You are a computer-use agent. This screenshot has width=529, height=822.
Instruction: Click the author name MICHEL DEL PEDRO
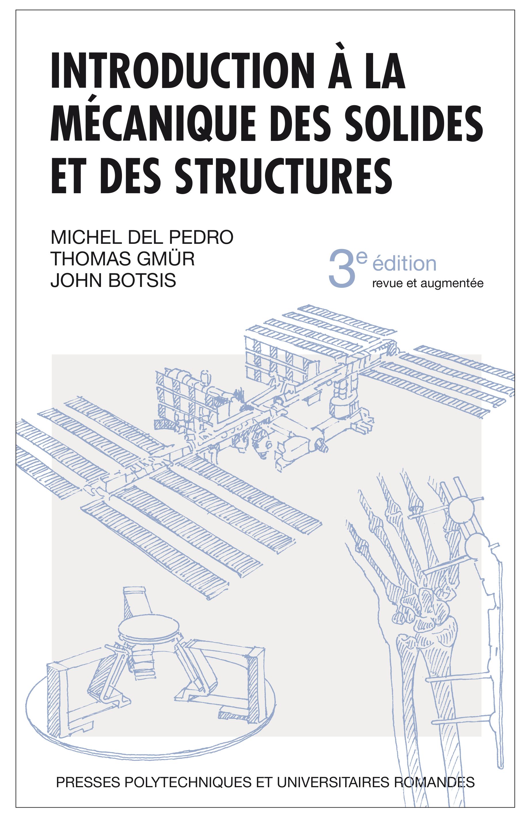tap(142, 237)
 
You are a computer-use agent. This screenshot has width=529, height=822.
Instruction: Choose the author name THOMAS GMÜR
tap(123, 258)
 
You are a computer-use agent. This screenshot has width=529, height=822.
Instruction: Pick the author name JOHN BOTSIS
tap(113, 280)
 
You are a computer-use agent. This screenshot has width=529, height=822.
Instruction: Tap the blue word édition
tap(405, 264)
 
